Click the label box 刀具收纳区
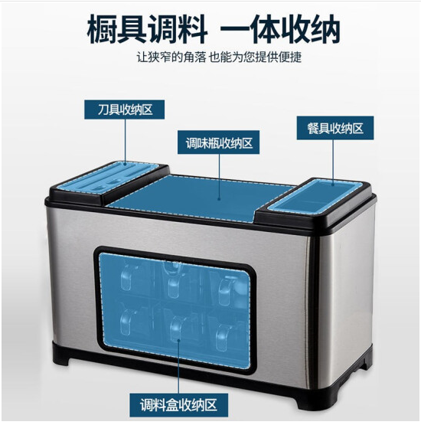pos(124,110)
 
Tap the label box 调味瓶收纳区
pos(218,142)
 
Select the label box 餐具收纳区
pos(335,128)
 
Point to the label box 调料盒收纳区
pos(178,405)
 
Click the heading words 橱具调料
pos(147,29)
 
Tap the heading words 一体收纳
pos(280,29)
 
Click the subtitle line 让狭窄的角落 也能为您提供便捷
pos(219,57)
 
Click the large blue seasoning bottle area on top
pos(201,198)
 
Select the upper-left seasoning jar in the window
pos(127,278)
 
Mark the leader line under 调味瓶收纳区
pos(219,177)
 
